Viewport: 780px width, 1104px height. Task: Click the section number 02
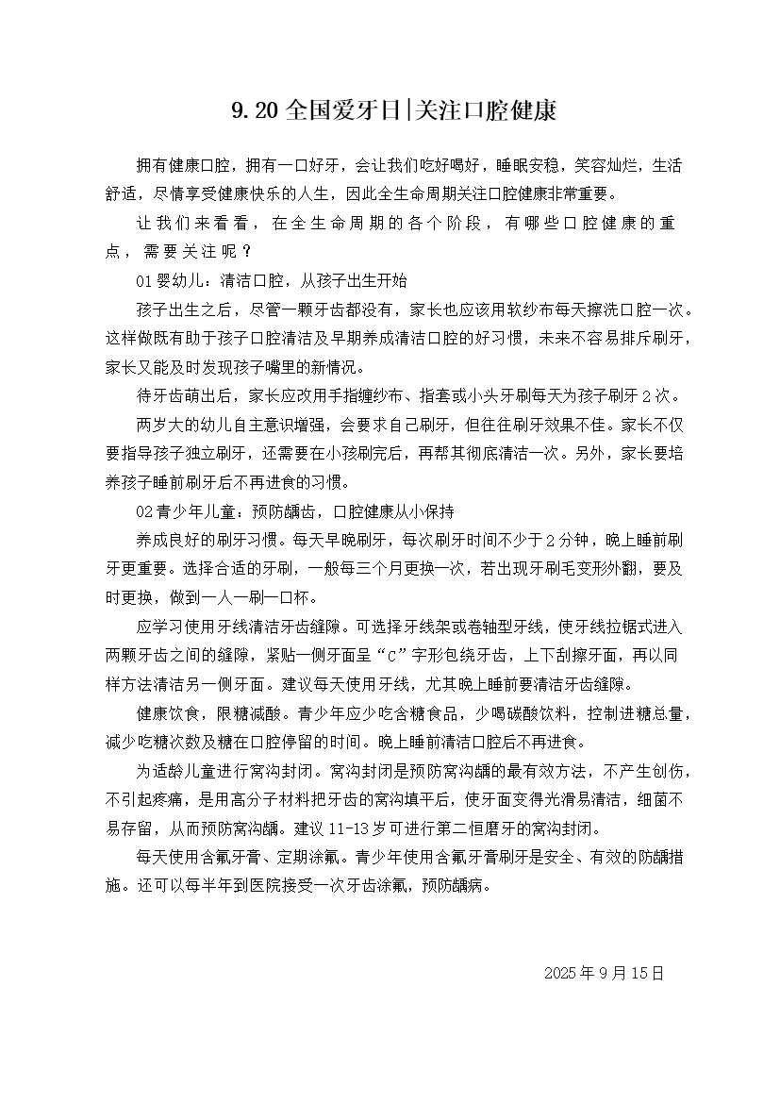[x=144, y=512]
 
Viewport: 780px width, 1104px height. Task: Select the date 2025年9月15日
[x=605, y=973]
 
